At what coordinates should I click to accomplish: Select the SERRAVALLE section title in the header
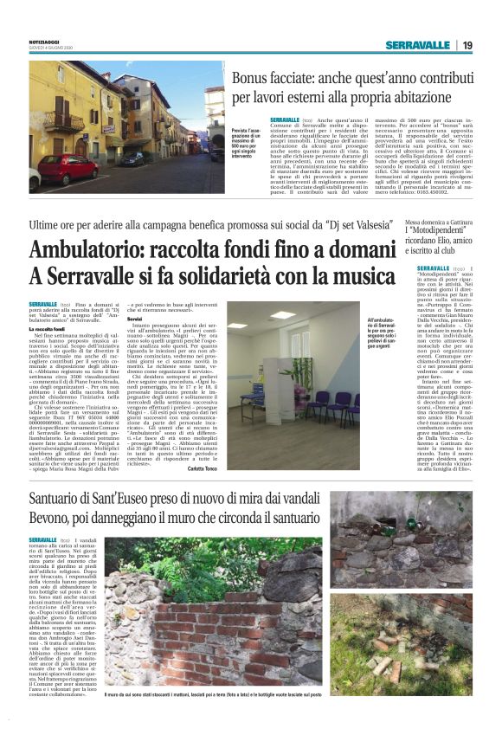418,45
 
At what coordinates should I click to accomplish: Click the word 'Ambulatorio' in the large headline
81,252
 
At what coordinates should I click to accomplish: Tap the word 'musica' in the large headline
347,276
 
